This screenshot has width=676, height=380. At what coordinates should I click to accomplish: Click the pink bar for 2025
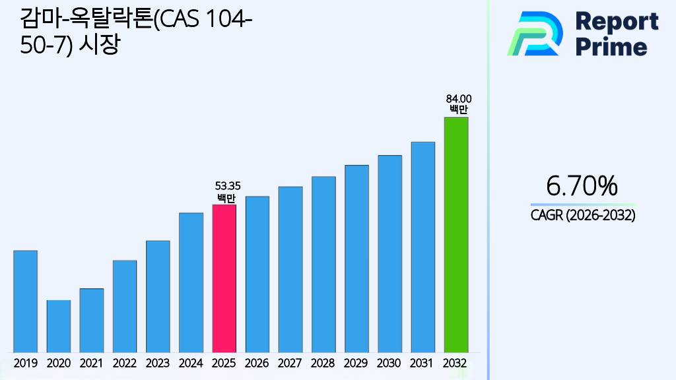[224, 278]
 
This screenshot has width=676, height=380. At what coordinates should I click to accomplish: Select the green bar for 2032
[456, 235]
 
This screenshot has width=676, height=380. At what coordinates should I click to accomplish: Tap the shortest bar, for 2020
[58, 326]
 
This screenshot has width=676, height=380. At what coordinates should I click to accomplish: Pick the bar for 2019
[25, 301]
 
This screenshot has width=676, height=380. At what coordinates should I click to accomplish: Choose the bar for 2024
[191, 282]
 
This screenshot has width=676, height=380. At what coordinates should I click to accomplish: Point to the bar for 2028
[323, 264]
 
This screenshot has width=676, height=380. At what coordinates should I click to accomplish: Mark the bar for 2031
[422, 247]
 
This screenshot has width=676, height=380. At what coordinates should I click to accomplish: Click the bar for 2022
[125, 306]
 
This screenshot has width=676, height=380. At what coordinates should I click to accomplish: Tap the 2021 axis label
[91, 363]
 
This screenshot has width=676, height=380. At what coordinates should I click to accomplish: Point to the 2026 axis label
[257, 363]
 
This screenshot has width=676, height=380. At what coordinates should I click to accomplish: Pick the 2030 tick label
[389, 363]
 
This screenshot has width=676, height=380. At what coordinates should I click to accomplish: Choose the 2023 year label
[158, 363]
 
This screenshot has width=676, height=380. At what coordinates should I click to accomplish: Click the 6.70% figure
[582, 187]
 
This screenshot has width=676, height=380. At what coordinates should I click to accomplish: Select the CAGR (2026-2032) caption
[582, 216]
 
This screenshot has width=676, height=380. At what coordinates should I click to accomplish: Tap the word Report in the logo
[617, 21]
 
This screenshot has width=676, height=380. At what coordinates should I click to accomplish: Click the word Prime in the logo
[611, 46]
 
